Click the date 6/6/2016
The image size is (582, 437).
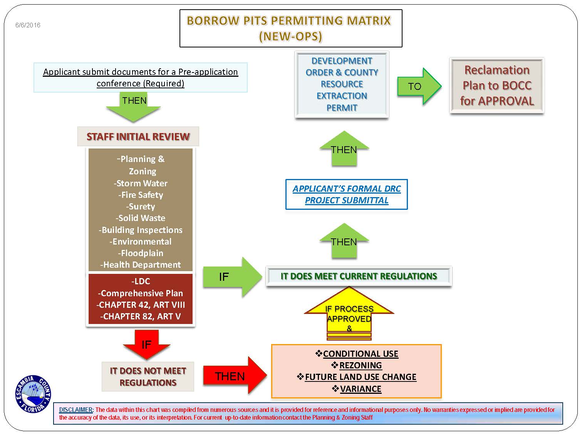pyautogui.click(x=28, y=25)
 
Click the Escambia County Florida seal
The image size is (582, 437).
pyautogui.click(x=33, y=394)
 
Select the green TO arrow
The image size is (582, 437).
pyautogui.click(x=418, y=86)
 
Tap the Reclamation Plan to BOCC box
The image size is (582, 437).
pyautogui.click(x=496, y=85)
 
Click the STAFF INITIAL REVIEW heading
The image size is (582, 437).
pyautogui.click(x=138, y=137)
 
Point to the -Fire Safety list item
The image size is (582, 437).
pyautogui.click(x=141, y=195)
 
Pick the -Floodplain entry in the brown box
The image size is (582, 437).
pyautogui.click(x=141, y=253)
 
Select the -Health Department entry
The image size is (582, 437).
pyautogui.click(x=141, y=265)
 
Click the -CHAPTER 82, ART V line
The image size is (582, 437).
pyautogui.click(x=141, y=316)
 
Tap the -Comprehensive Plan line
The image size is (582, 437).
pyautogui.click(x=141, y=293)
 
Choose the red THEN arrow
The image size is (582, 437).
pyautogui.click(x=233, y=376)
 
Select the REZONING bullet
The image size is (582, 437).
pyautogui.click(x=361, y=365)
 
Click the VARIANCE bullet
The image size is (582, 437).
pyautogui.click(x=361, y=389)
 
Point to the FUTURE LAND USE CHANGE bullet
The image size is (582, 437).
pyautogui.click(x=361, y=377)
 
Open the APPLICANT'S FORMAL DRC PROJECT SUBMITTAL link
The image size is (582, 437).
pyautogui.click(x=346, y=194)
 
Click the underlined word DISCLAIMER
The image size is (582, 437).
pyautogui.click(x=76, y=410)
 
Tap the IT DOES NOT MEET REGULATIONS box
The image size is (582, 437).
pyautogui.click(x=148, y=376)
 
